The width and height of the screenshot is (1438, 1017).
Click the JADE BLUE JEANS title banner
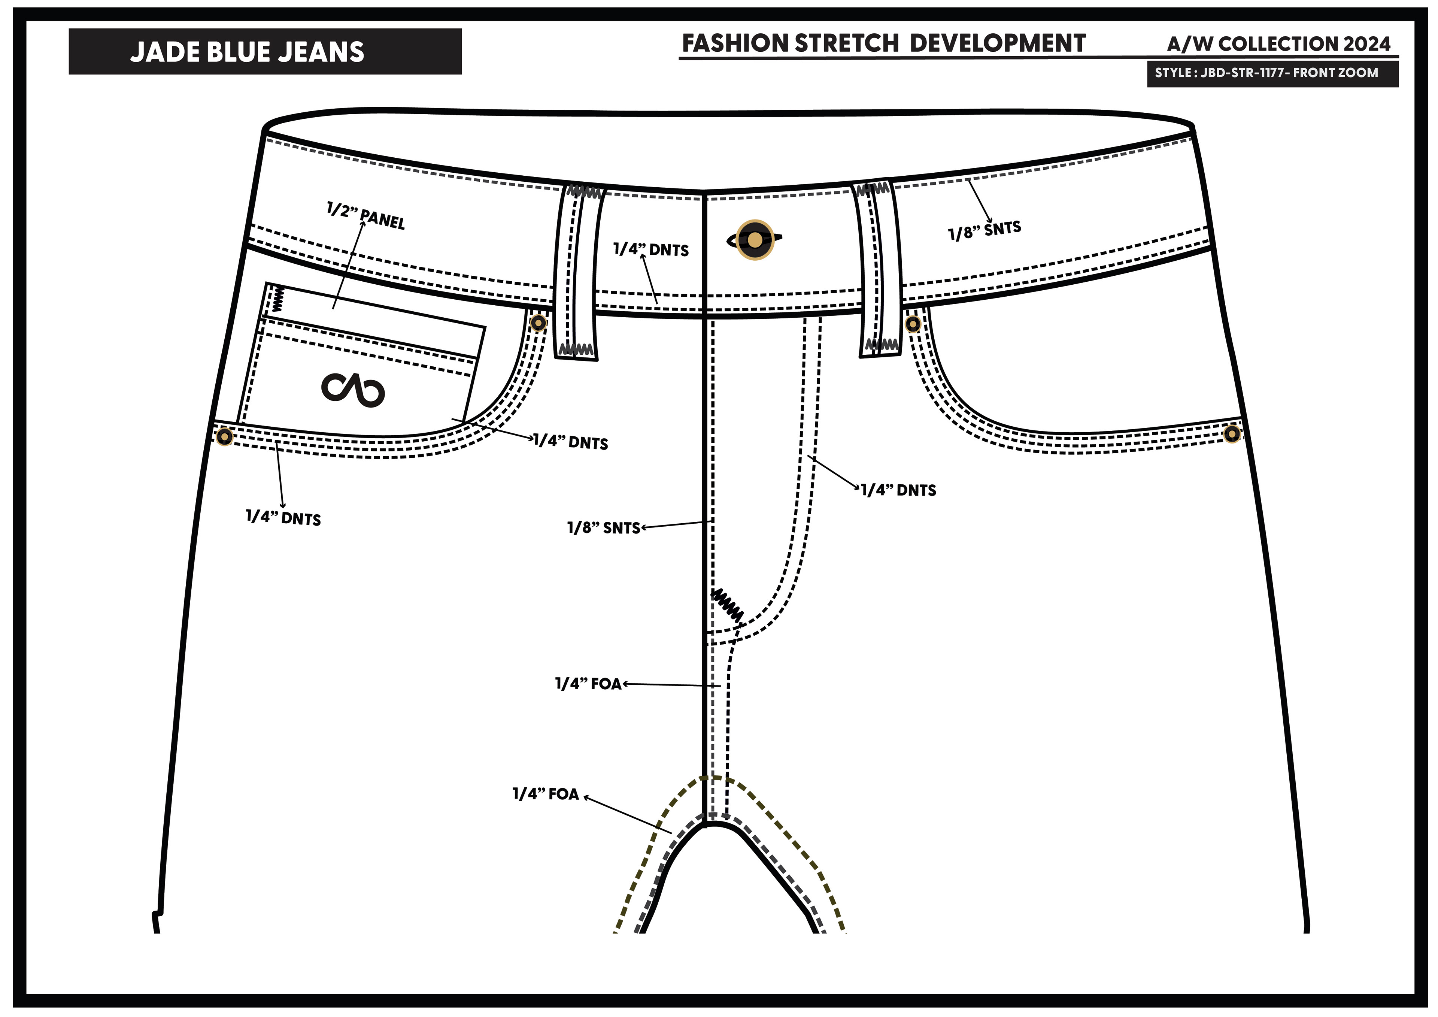265,51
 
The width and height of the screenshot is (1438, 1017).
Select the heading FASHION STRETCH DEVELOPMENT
883,43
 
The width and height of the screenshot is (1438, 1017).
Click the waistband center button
755,240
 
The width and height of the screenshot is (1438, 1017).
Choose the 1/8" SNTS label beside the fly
604,528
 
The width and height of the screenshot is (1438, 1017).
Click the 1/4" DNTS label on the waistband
651,249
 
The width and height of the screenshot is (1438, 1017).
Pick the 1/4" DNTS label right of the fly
899,490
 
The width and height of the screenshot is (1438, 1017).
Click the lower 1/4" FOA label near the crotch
546,794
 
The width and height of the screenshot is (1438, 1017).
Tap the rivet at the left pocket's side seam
224,437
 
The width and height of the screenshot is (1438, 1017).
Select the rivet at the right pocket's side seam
1231,434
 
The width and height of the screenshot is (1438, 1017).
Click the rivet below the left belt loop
538,323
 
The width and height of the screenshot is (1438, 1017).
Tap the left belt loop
577,273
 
